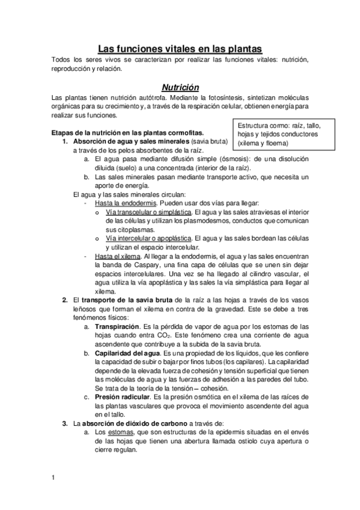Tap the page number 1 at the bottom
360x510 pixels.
(53, 478)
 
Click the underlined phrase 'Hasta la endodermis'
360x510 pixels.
(123, 203)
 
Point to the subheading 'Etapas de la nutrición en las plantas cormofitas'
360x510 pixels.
(128, 133)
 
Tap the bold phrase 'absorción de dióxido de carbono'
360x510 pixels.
(135, 423)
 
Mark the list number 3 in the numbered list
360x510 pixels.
(65, 423)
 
